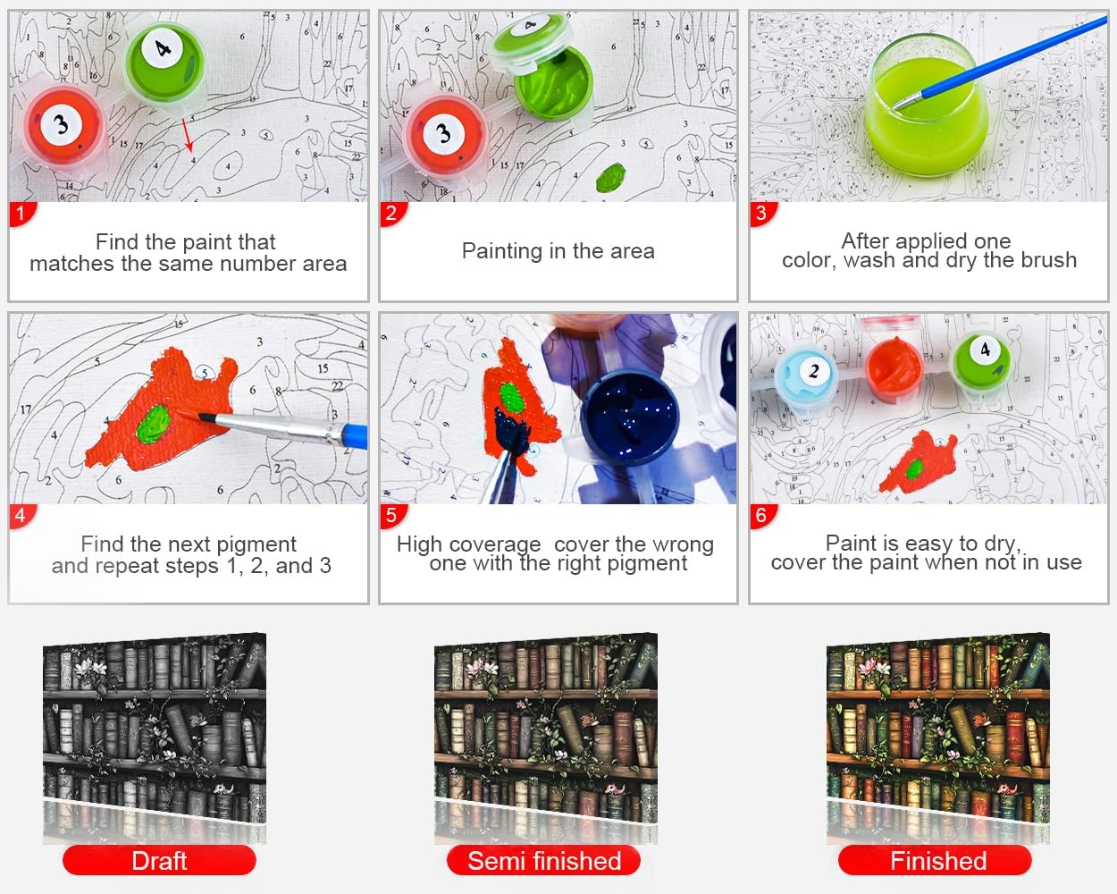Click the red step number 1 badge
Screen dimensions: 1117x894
21,214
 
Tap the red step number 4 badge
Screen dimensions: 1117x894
21,516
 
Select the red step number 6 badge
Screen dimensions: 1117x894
762,516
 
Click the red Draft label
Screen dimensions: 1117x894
159,861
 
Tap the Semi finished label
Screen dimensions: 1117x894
544,861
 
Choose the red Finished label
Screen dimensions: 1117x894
935,861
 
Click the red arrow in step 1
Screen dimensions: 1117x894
188,135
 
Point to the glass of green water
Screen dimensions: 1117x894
927,106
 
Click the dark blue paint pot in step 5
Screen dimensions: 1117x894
629,418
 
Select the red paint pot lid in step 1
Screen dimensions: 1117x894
63,126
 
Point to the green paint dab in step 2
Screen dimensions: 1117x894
610,177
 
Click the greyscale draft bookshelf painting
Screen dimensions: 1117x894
155,725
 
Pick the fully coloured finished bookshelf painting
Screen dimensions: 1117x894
938,725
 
